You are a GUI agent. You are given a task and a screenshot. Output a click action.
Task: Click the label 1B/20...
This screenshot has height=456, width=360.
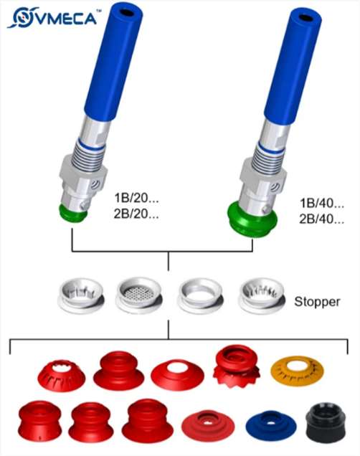tap(136, 198)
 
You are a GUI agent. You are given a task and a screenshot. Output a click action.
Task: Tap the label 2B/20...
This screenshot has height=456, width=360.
tap(136, 214)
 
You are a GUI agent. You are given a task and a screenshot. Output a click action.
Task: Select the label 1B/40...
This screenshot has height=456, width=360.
tap(322, 203)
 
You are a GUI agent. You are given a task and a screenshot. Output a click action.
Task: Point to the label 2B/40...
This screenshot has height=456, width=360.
tap(322, 219)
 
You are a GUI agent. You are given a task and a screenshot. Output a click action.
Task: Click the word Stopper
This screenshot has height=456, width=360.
tap(317, 302)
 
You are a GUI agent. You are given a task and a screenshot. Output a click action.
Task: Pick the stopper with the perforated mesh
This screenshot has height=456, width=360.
tap(139, 295)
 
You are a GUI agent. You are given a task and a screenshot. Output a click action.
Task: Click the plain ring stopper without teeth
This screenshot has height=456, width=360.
tap(200, 296)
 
